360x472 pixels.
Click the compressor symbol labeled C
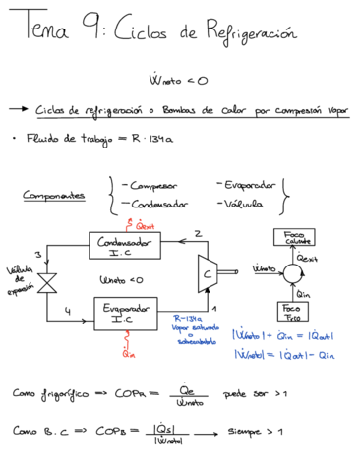tap(208, 272)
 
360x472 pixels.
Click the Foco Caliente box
tap(293, 237)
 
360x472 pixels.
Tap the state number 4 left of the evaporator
tap(68, 311)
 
